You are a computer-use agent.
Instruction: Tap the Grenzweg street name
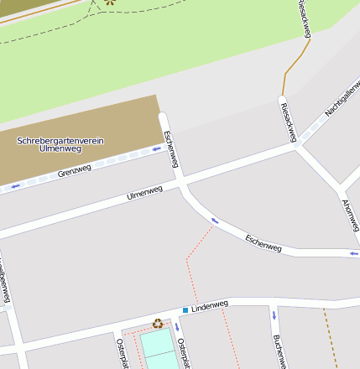click(x=75, y=174)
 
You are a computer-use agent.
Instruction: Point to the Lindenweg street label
click(x=210, y=306)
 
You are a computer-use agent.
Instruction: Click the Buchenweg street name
click(x=279, y=351)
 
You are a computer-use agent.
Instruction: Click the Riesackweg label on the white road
click(x=288, y=117)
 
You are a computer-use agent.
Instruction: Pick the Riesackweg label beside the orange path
click(x=305, y=18)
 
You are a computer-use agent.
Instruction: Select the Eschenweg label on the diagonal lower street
click(x=263, y=242)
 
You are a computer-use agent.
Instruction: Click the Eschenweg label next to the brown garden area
click(x=171, y=148)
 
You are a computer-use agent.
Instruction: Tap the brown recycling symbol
click(x=158, y=323)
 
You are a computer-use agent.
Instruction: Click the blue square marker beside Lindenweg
click(x=185, y=310)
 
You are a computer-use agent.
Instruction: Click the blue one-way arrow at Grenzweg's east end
click(x=155, y=148)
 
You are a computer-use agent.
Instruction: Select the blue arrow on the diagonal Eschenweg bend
click(x=214, y=221)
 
